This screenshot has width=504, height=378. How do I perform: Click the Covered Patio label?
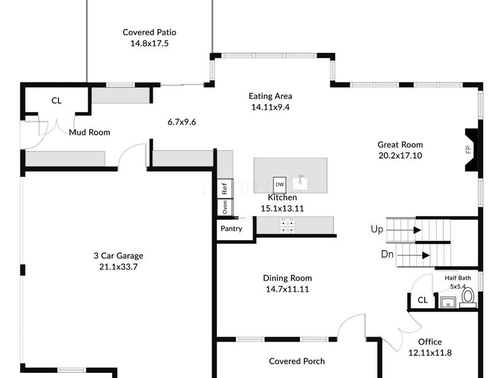pyautogui.click(x=149, y=32)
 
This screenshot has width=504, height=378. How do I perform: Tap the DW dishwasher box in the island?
pyautogui.click(x=279, y=185)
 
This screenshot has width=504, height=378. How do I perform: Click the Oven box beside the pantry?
pyautogui.click(x=224, y=207)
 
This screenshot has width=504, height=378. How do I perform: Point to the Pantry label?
pyautogui.click(x=231, y=229)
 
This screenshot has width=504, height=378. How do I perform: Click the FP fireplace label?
pyautogui.click(x=468, y=150)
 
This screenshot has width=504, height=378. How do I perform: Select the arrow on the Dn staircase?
pyautogui.click(x=425, y=255)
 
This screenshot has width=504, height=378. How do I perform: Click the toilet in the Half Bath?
pyautogui.click(x=468, y=298)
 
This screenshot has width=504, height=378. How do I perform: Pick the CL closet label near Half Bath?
pyautogui.click(x=422, y=301)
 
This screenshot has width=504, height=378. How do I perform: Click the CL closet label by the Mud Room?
pyautogui.click(x=56, y=101)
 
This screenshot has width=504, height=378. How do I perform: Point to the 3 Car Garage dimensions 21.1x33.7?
pyautogui.click(x=118, y=266)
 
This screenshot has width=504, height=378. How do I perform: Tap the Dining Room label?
pyautogui.click(x=287, y=278)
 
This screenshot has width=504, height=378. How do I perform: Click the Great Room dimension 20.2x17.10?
pyautogui.click(x=400, y=156)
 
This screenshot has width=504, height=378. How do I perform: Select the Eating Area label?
pyautogui.click(x=270, y=96)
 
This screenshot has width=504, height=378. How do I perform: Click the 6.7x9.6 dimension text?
pyautogui.click(x=181, y=122)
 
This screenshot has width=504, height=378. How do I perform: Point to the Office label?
pyautogui.click(x=430, y=342)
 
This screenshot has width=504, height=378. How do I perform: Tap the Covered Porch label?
pyautogui.click(x=297, y=361)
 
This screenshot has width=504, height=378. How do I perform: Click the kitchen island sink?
pyautogui.click(x=301, y=183)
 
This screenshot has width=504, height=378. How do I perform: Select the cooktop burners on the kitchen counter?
pyautogui.click(x=289, y=226)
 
